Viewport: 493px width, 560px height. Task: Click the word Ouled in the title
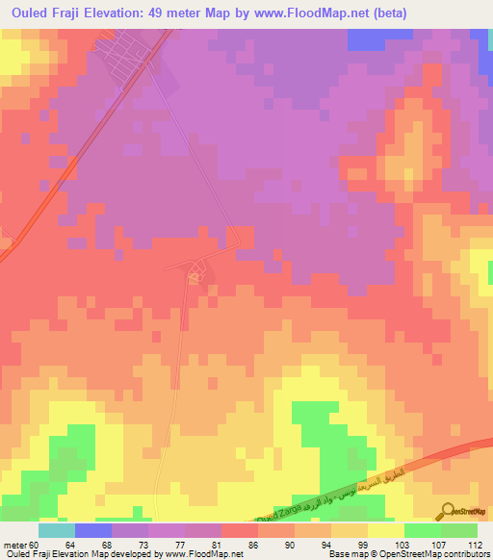point(26,13)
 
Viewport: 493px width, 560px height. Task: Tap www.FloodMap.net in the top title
point(312,13)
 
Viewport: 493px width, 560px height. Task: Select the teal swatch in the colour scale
point(56,530)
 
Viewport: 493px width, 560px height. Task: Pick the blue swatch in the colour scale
point(92,530)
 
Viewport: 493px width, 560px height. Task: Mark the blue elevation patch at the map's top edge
point(366,39)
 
